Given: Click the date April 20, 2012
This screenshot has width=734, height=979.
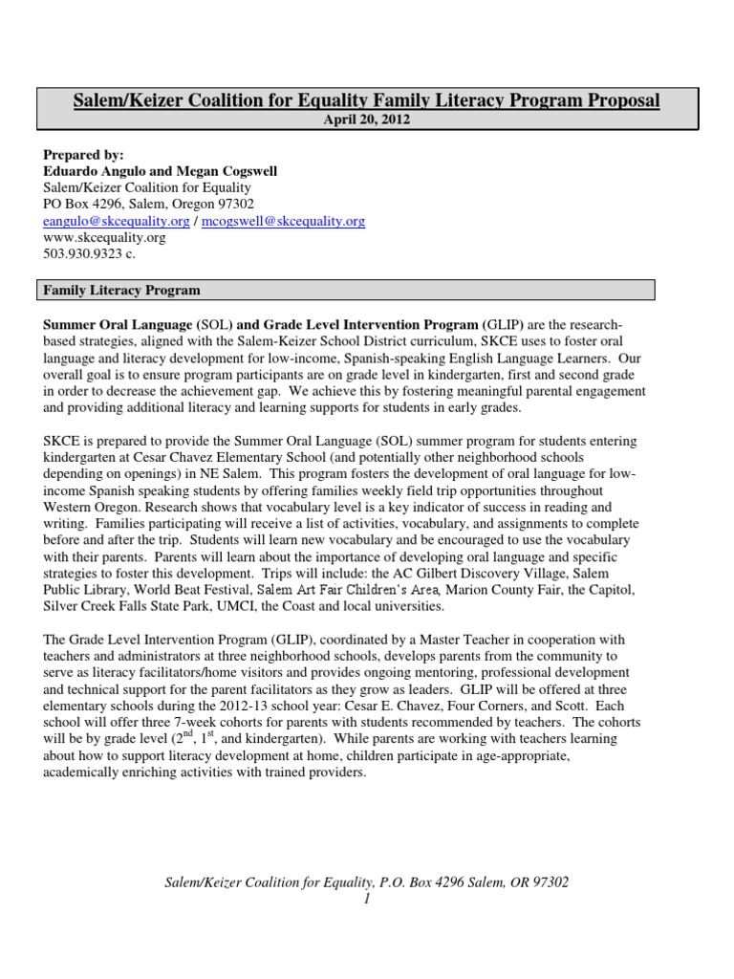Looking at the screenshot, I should pos(366,120).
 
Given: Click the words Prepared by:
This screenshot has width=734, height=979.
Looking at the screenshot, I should pos(83,156).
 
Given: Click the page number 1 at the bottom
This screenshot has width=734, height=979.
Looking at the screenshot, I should pos(366,900).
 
